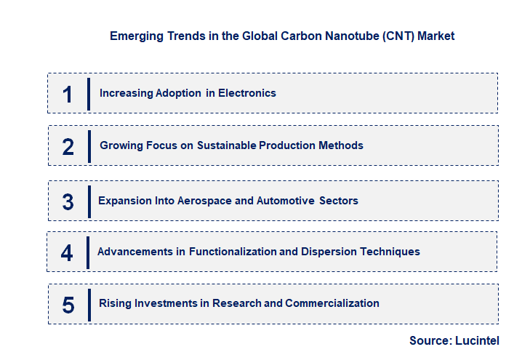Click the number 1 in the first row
(x=68, y=94)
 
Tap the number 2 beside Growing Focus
(x=68, y=146)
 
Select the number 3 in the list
(x=68, y=201)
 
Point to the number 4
(x=67, y=252)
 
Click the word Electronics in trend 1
(x=247, y=93)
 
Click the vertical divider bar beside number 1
(x=88, y=94)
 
